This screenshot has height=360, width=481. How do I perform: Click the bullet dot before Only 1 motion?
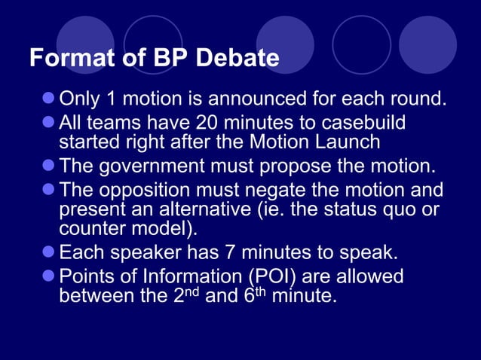[49, 98]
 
